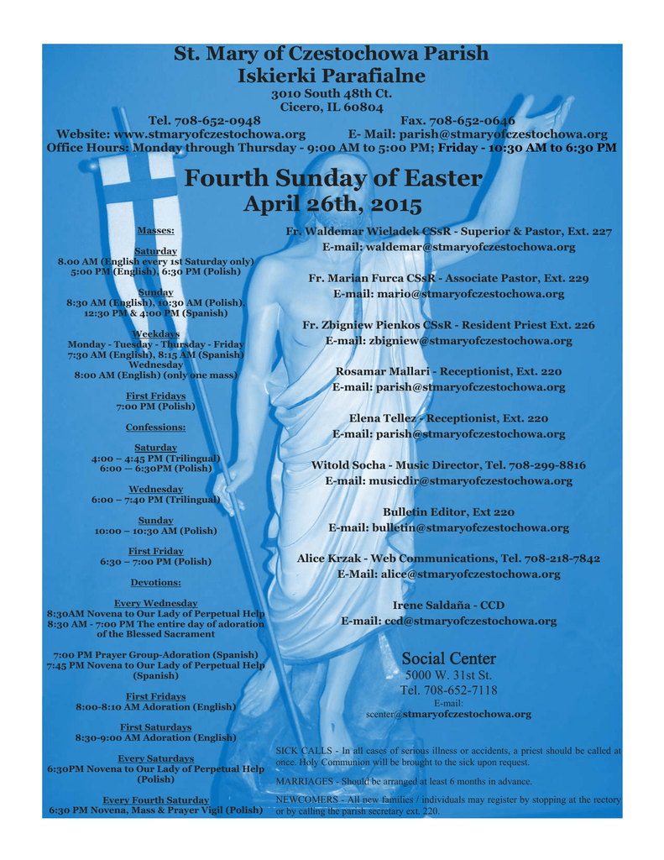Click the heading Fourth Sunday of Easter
(x=332, y=179)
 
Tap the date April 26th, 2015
(x=332, y=204)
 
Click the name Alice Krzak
(x=332, y=558)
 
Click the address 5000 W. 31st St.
(x=448, y=675)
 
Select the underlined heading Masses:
(x=155, y=229)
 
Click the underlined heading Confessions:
(x=155, y=427)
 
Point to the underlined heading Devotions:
(x=155, y=583)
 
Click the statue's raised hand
(x=546, y=113)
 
